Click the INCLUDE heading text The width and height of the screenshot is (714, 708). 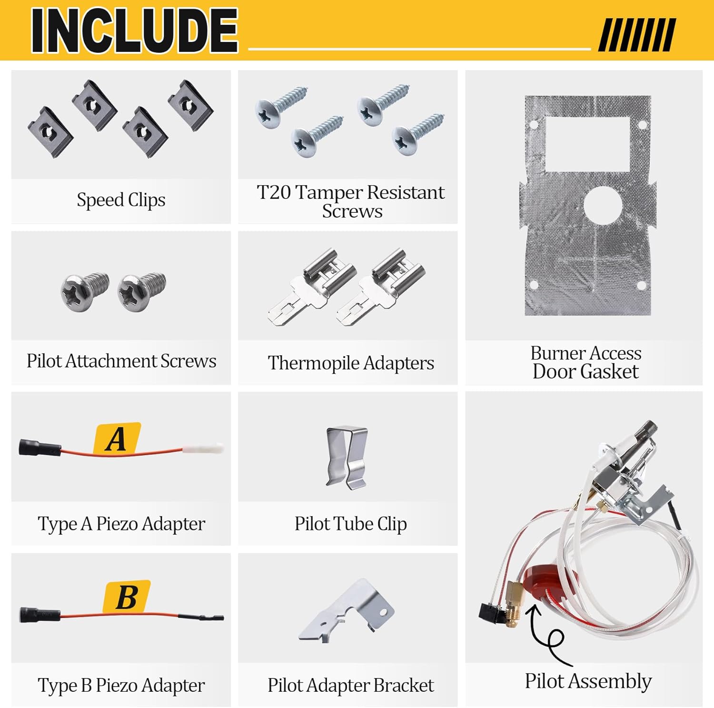[134, 30]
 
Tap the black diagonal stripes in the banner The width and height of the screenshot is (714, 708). [637, 34]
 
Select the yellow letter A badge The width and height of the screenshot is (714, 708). [117, 439]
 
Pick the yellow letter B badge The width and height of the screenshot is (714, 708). [127, 597]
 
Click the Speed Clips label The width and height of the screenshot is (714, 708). [121, 200]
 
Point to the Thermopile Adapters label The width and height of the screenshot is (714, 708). [351, 363]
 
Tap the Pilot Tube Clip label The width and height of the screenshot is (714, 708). [350, 524]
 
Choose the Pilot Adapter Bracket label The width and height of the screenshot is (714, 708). [350, 685]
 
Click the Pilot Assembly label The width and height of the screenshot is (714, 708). [588, 681]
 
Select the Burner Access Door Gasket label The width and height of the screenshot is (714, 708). [585, 362]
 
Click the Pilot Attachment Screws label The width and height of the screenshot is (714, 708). [121, 361]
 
